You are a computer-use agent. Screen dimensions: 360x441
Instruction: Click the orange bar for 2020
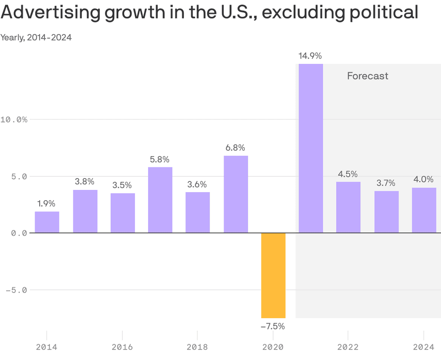tap(273, 275)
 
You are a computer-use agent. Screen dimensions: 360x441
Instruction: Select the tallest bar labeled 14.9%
tap(311, 148)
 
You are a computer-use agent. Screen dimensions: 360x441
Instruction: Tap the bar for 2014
tap(47, 222)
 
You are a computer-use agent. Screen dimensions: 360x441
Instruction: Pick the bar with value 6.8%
tap(236, 194)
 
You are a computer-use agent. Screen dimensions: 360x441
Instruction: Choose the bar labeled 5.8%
tap(160, 200)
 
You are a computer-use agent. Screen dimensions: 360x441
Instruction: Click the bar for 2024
tap(424, 210)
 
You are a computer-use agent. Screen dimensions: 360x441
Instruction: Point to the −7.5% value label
tap(273, 326)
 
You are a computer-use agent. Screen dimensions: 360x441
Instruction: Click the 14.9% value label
tap(310, 56)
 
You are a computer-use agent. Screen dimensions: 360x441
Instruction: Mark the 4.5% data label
tap(348, 174)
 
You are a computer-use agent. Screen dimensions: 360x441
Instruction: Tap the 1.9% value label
tap(47, 204)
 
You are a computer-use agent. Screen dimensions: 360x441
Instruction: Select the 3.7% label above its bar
tap(386, 183)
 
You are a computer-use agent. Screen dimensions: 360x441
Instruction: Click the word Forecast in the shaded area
tap(367, 76)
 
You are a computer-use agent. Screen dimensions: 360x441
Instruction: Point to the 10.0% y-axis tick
tap(14, 120)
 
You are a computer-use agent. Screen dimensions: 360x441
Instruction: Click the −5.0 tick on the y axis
tap(16, 290)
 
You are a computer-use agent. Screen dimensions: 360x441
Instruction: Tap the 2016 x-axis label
tap(122, 347)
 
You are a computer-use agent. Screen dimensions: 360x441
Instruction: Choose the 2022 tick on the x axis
tap(348, 347)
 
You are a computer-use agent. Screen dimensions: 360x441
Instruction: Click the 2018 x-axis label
tap(198, 347)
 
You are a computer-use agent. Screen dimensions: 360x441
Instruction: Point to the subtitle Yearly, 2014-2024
tap(36, 37)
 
